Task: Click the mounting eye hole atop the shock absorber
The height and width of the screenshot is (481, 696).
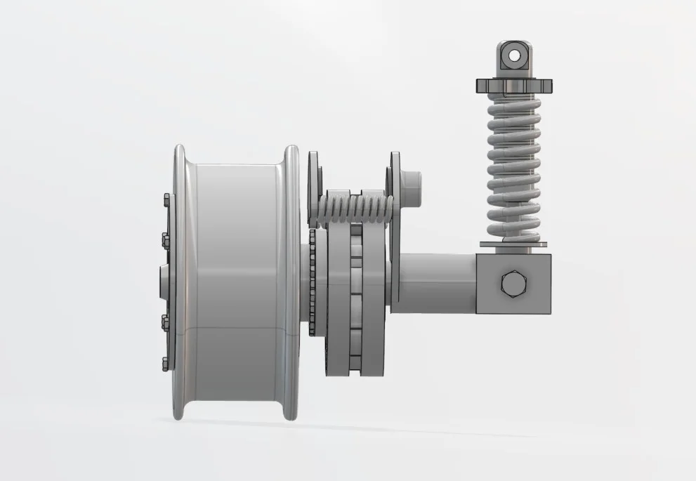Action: click(514, 54)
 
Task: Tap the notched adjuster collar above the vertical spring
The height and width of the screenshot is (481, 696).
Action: click(514, 86)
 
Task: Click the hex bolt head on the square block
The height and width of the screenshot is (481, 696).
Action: click(512, 284)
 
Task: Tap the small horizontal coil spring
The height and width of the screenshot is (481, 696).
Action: click(350, 209)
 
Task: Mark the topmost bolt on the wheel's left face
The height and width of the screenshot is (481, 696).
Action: click(165, 200)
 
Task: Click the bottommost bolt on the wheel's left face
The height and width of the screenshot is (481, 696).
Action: click(165, 364)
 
